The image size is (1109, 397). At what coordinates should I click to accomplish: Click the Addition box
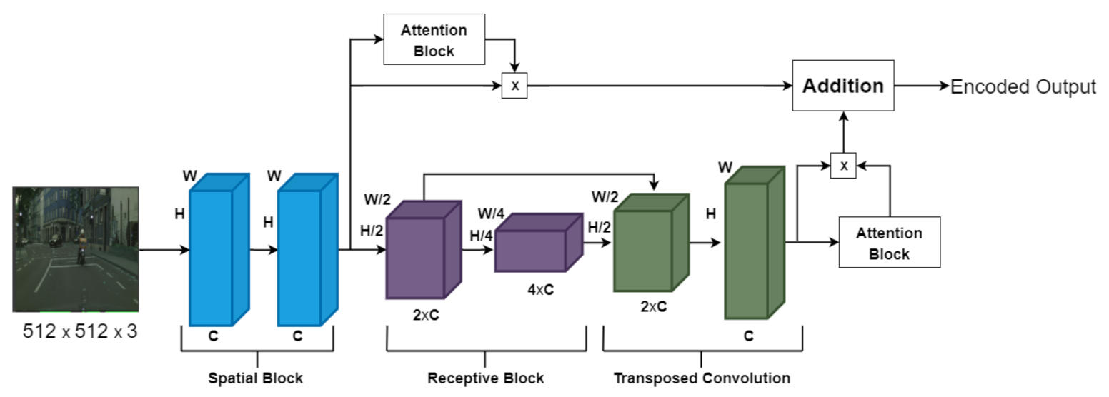843,86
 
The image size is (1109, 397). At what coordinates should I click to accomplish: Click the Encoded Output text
1023,86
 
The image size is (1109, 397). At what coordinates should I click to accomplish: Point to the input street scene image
75,249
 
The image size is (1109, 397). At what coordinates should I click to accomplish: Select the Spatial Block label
255,378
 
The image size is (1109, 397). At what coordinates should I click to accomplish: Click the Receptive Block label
485,378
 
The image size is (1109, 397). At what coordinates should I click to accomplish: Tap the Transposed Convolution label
702,378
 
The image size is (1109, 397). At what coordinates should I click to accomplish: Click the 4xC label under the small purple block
539,290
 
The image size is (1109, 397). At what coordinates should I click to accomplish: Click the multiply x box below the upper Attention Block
514,86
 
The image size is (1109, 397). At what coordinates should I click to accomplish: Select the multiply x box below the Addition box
844,165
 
